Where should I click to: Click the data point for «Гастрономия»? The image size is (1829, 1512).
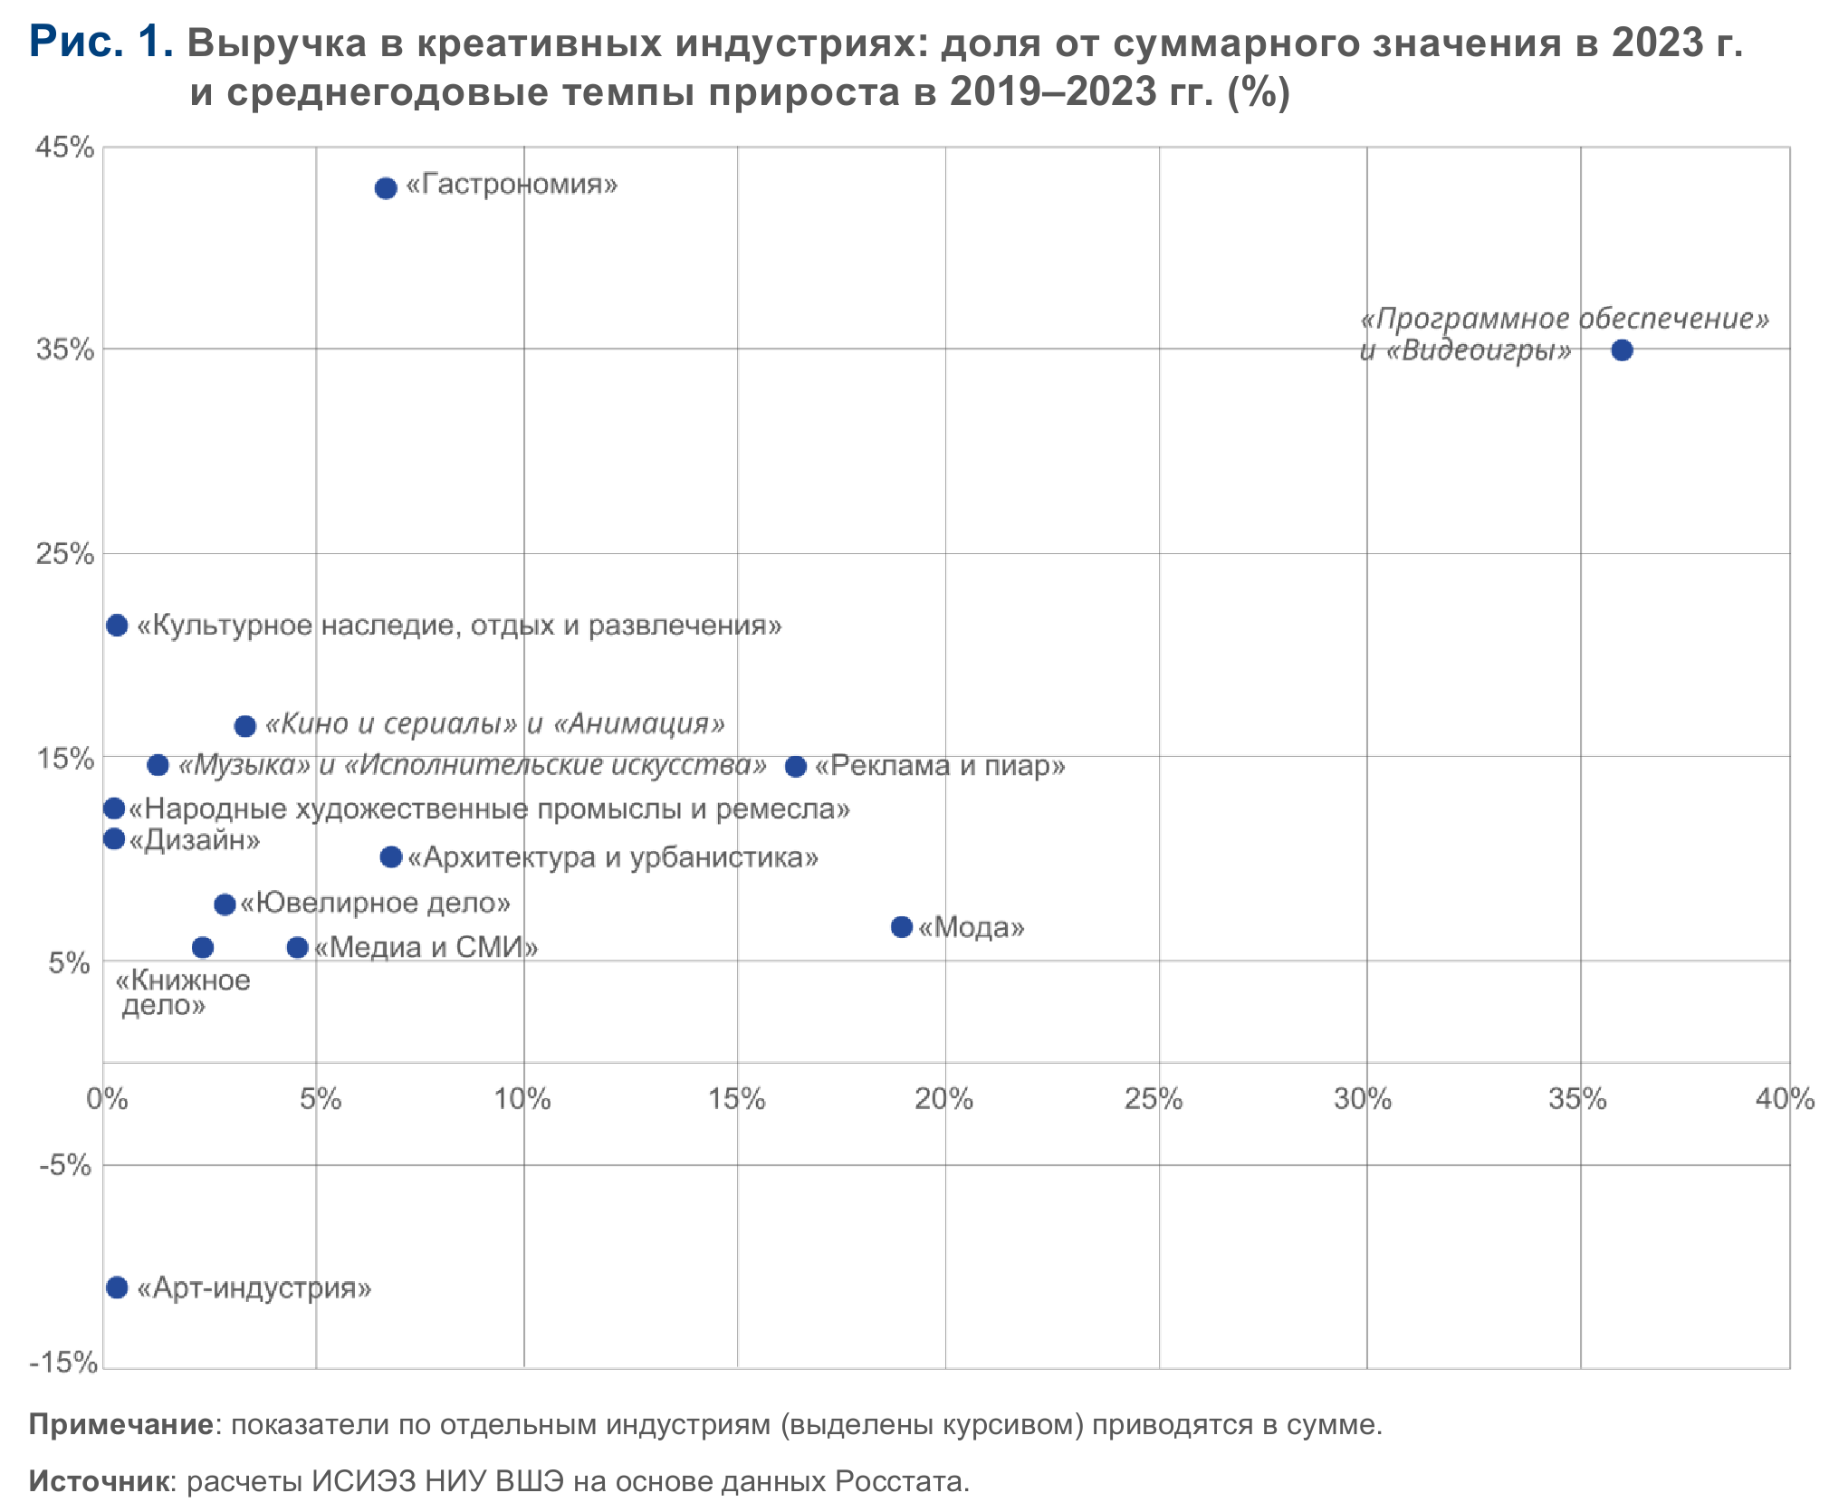tap(386, 188)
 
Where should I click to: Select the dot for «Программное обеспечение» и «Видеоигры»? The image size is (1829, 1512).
tap(1622, 350)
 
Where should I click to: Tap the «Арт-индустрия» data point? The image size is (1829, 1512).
tap(117, 1287)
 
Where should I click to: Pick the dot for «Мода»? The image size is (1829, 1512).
tap(901, 926)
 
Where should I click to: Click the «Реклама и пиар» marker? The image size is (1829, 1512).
tap(796, 767)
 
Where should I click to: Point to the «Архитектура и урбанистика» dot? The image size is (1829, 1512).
tap(391, 857)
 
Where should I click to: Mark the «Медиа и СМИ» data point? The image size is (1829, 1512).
tap(297, 948)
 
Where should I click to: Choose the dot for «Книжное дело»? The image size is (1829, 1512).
tap(203, 948)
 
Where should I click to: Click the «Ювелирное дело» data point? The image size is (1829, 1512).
tap(225, 904)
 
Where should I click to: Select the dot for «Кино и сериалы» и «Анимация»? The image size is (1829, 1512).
tap(244, 726)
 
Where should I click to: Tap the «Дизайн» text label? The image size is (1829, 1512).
tap(195, 840)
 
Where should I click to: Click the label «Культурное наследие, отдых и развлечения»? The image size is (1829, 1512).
tap(459, 626)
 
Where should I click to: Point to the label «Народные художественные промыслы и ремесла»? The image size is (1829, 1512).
tap(489, 809)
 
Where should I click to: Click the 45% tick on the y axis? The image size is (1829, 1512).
tap(64, 148)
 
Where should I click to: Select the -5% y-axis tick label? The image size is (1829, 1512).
tap(64, 1165)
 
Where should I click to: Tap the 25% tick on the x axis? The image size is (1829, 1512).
tap(1154, 1099)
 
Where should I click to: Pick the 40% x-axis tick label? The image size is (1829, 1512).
tap(1785, 1099)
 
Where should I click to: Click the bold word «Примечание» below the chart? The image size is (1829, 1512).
tap(121, 1425)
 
